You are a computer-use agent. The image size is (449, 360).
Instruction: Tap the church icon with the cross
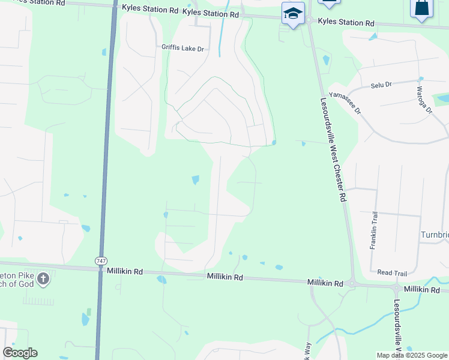tap(43, 278)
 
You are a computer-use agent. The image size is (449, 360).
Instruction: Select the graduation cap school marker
tap(293, 14)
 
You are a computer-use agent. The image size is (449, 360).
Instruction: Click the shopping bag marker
tap(421, 8)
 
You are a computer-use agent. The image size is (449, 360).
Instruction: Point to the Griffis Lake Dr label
tap(182, 47)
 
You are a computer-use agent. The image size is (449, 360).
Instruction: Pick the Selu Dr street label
tap(381, 85)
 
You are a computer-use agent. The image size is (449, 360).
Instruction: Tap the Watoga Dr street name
tap(424, 100)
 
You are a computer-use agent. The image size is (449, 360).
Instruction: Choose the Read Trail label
tap(392, 273)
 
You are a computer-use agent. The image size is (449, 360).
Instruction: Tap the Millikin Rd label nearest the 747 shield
tap(125, 271)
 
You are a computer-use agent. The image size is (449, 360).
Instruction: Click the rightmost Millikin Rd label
tap(422, 289)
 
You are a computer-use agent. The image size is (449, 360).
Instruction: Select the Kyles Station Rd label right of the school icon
tap(346, 23)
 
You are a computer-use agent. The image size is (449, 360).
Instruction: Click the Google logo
tap(20, 353)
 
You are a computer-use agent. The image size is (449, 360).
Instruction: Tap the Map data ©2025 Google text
tap(411, 355)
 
